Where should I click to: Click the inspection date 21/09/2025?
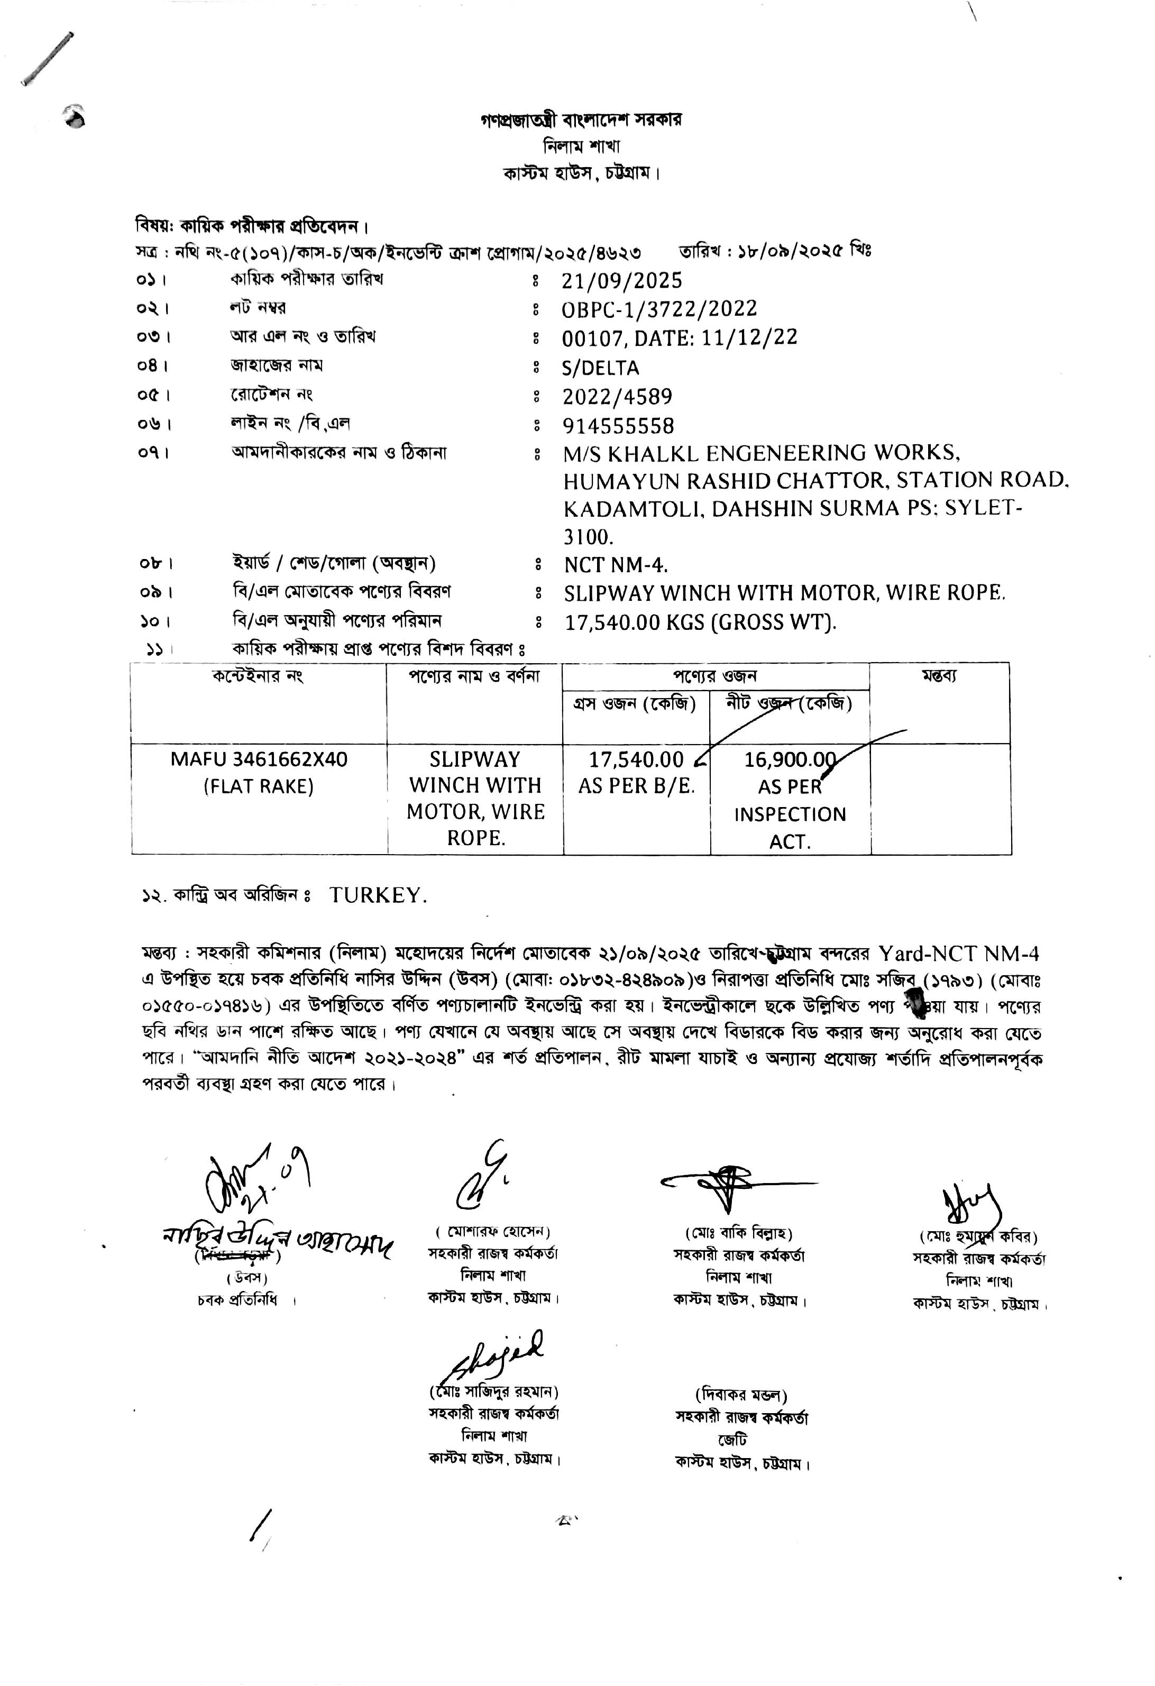tap(622, 281)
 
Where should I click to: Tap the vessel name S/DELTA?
tap(600, 368)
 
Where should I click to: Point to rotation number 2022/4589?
tap(617, 397)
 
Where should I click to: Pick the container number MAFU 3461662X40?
tap(259, 759)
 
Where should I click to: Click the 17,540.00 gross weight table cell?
tap(636, 759)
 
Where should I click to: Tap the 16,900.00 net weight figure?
tap(790, 759)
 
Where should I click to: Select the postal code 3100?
tap(588, 537)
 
